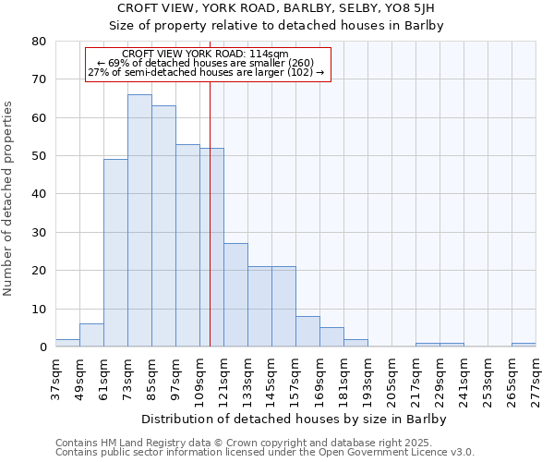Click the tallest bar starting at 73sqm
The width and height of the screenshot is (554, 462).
click(139, 221)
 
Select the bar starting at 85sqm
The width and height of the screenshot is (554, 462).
click(163, 226)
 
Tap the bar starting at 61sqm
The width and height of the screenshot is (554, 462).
click(115, 253)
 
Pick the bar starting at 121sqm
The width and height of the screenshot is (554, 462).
click(235, 295)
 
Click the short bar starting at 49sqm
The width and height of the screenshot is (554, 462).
click(91, 335)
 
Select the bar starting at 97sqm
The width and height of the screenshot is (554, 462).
click(187, 246)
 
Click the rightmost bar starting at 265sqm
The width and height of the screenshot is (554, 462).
click(524, 345)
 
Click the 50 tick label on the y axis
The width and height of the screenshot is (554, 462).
click(39, 156)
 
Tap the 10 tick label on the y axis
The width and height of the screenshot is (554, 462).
click(39, 309)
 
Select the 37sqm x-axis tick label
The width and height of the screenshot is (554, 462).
click(55, 378)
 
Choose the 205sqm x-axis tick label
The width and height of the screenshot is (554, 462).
click(391, 380)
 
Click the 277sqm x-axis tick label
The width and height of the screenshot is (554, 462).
click(536, 380)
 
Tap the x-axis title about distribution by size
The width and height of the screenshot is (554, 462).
click(295, 419)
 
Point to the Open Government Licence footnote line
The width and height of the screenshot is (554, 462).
click(265, 453)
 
